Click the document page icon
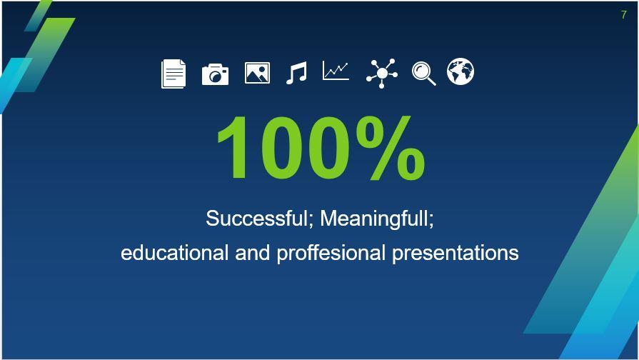pos(173,74)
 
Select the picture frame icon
pos(257,73)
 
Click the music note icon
pos(296,73)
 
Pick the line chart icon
pos(336,71)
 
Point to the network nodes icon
pos(382,73)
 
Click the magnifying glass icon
pos(423,73)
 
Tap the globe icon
pos(461,72)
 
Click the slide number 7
pos(623,15)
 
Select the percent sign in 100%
pos(390,149)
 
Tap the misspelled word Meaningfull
pos(377,218)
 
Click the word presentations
pos(455,253)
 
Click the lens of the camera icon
pos(214,76)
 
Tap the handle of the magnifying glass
pos(431,81)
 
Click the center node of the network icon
pos(382,73)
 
